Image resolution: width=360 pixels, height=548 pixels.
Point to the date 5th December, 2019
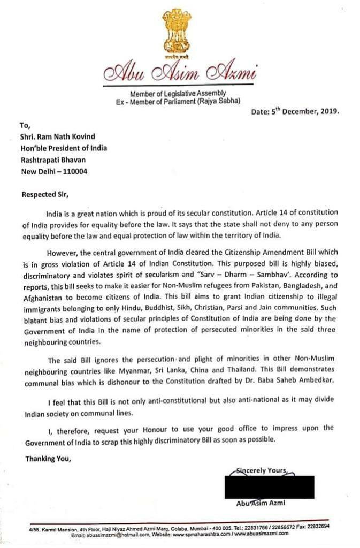[x=295, y=112]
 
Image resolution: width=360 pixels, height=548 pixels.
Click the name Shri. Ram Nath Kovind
[x=60, y=137]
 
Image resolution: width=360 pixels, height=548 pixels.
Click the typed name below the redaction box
[x=262, y=504]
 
